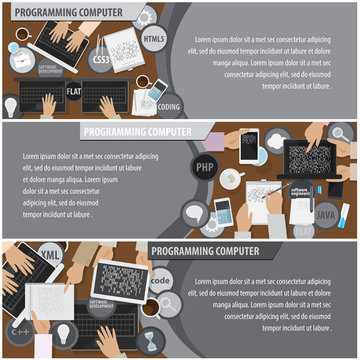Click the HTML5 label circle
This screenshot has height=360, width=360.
154,40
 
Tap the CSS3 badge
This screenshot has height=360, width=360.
102,59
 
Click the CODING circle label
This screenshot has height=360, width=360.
169,104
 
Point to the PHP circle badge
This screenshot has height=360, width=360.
205,168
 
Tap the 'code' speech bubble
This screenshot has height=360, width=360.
162,283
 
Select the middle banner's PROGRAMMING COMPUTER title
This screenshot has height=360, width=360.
138,130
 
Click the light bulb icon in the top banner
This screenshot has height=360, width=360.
11,105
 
